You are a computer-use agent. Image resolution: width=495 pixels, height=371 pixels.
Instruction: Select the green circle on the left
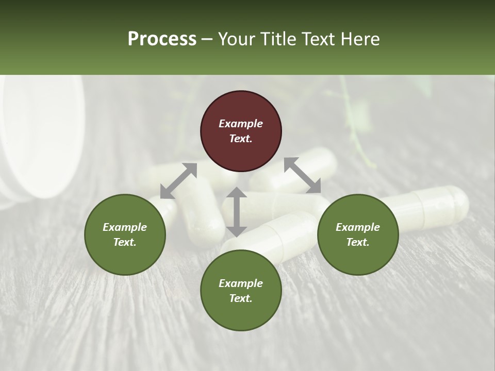click(125, 234)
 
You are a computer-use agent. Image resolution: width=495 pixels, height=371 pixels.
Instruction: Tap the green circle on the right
click(358, 234)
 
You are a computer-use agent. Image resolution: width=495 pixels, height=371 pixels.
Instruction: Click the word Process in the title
click(162, 39)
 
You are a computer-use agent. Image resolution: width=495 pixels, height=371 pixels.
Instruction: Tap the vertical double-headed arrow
click(236, 212)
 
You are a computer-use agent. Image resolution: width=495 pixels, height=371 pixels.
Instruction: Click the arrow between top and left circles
click(178, 180)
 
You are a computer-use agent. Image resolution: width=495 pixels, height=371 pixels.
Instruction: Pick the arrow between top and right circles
click(302, 175)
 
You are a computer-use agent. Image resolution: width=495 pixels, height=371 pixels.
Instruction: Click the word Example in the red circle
click(241, 124)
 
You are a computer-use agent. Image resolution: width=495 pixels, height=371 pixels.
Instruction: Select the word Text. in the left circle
click(125, 242)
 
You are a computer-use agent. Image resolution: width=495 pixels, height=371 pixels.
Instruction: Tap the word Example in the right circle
click(358, 227)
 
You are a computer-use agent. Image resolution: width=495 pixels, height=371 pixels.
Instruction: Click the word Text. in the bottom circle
click(241, 298)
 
